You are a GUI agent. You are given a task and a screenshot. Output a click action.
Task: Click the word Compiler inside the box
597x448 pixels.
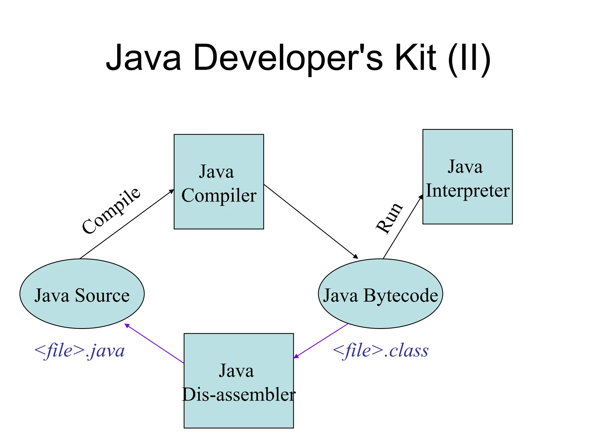[219, 196]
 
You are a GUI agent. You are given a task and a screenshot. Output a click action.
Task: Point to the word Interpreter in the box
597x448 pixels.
[468, 191]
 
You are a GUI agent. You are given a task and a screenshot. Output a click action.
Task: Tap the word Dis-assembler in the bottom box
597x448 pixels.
[239, 395]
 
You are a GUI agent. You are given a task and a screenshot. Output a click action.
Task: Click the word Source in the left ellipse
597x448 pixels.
[102, 295]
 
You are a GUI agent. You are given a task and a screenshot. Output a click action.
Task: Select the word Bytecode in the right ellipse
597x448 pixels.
[401, 295]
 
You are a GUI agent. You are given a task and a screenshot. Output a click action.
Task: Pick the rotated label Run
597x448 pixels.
[389, 218]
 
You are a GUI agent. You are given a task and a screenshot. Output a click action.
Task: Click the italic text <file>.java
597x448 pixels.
[79, 351]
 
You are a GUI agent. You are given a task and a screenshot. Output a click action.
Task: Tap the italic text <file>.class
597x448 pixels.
[380, 351]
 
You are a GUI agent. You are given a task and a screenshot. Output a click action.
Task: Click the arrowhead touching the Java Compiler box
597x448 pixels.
[172, 191]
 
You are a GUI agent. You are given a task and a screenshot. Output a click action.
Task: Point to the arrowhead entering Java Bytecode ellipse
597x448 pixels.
[356, 257]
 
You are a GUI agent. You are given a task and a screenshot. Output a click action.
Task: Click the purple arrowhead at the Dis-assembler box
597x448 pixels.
[296, 356]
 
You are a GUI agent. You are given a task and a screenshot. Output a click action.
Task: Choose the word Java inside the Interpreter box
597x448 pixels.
[465, 167]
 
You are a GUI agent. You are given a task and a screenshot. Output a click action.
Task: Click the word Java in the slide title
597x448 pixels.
[143, 57]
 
